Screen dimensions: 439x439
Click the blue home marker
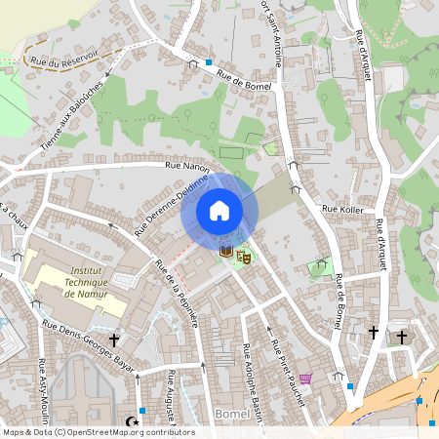pos(219,211)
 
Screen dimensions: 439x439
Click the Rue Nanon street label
pos(188,167)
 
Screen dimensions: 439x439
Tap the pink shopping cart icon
pos(305,379)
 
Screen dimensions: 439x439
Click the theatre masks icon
pos(244,256)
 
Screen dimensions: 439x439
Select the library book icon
pos(226,252)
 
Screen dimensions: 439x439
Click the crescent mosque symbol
pos(133,421)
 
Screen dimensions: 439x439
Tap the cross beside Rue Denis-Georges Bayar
pos(114,339)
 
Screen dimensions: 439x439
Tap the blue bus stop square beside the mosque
pos(143,411)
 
